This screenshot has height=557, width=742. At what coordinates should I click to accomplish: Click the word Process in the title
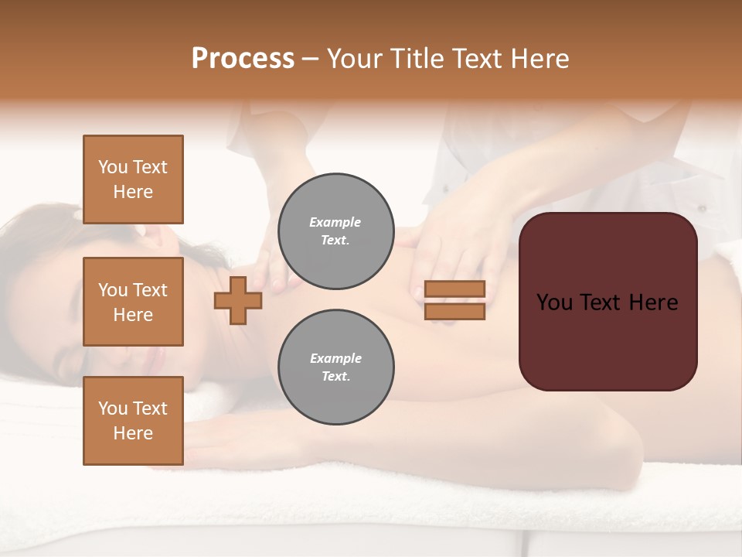243,59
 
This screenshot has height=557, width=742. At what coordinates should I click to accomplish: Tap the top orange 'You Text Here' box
133,179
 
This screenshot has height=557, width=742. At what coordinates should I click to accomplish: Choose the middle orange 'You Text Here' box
133,302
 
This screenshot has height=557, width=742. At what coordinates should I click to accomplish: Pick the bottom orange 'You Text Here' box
133,421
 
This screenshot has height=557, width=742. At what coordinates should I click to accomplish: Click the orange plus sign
238,300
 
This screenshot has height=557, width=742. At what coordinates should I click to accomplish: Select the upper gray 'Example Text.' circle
335,231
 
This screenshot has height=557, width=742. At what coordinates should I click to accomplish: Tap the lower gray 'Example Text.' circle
335,367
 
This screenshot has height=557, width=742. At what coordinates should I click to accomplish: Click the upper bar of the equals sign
454,289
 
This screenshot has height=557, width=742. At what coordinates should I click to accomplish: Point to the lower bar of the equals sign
454,312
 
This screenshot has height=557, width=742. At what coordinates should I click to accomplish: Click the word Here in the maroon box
652,302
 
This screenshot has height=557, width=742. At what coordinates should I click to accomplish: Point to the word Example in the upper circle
335,222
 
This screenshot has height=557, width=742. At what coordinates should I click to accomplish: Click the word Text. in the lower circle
335,377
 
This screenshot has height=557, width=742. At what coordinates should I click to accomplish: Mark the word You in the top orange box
113,167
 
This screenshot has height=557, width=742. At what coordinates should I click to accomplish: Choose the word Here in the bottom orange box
133,433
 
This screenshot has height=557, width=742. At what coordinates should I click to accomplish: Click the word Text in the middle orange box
150,290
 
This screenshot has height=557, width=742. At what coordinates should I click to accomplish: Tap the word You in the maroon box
555,302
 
